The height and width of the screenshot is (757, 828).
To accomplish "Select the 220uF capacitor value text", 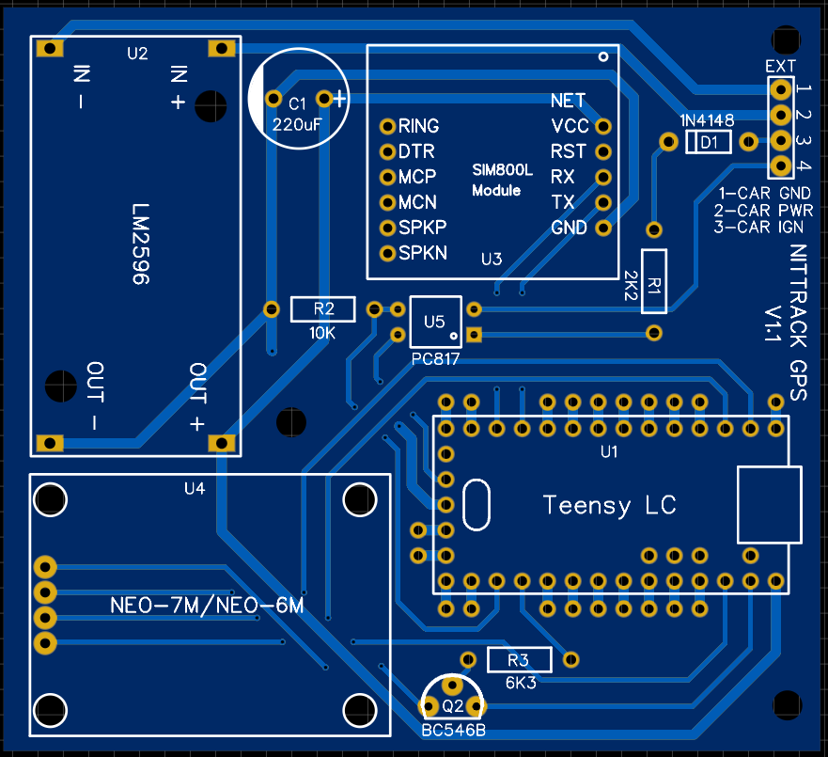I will coord(298,123).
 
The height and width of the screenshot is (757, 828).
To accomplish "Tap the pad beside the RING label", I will coord(386,125).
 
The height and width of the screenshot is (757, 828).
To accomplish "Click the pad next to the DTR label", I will coord(386,150).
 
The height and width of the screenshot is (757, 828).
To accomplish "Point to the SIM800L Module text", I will coord(502,181).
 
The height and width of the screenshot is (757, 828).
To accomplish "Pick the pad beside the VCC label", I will coord(603,125).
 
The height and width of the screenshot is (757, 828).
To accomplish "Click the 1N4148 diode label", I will coord(707,120).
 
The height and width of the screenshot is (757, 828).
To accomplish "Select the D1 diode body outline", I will coord(709,142).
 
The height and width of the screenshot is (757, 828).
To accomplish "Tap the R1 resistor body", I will coord(654,281).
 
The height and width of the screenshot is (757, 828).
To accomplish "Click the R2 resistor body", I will coord(323,308).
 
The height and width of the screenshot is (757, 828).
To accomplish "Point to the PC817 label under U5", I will coord(435,360).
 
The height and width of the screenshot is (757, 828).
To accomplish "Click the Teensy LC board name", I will coord(609,505).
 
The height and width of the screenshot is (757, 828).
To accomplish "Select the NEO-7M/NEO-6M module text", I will coord(207,606).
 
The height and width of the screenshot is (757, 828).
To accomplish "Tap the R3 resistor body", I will coord(518,658).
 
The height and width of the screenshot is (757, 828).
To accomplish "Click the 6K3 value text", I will coord(520,683).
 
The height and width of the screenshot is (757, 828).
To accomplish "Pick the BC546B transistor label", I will coord(453,730).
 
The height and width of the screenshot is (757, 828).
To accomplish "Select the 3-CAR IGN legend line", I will coord(762,227).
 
